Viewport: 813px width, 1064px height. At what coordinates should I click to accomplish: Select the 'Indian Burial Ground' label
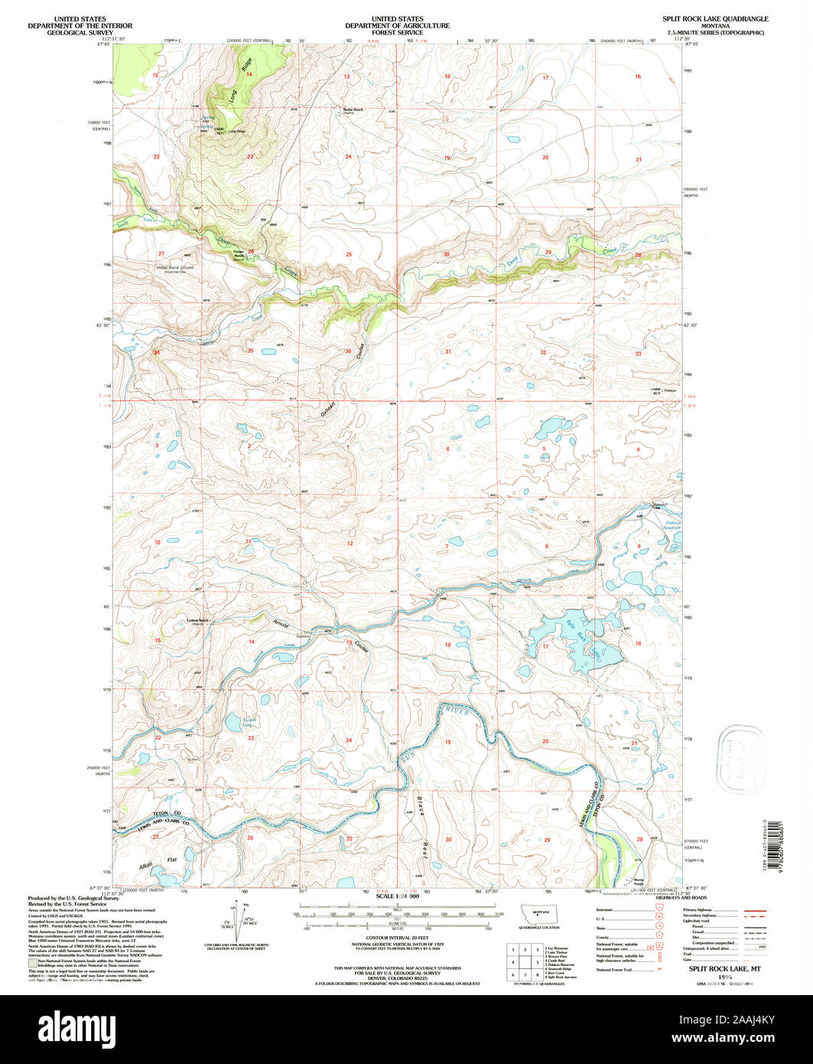point(175,268)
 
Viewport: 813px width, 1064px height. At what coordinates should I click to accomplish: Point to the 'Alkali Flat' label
point(157,862)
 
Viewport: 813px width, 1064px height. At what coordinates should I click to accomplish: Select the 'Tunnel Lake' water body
point(230,722)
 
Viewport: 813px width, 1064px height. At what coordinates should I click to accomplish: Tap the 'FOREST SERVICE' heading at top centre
point(398,32)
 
